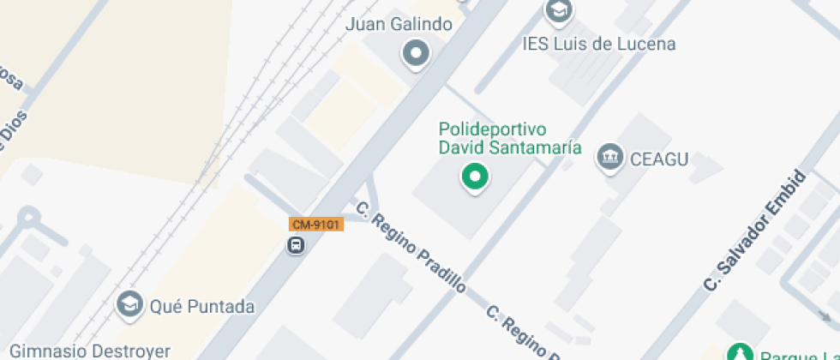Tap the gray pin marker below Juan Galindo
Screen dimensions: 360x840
pos(417,55)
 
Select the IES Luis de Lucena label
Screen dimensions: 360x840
pos(599,44)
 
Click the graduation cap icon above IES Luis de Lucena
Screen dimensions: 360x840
pos(560,11)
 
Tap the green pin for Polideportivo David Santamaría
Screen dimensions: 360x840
pos(474,177)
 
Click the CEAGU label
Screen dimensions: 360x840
pos(660,159)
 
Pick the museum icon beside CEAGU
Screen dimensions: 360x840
pos(610,157)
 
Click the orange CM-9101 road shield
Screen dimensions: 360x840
pos(315,225)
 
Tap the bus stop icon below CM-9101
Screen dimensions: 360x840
pos(296,246)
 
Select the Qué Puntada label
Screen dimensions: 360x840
pos(202,306)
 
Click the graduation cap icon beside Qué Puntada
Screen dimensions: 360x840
pos(130,304)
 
